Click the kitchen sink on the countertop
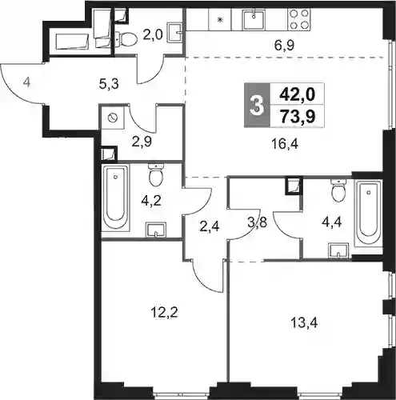coord(254,20)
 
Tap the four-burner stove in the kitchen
coord(299,19)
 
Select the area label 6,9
coord(284,46)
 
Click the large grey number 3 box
coord(257,105)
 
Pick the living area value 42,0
coord(298,94)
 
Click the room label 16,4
coord(285,144)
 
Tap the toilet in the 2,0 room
coord(126,39)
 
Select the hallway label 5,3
coord(109,85)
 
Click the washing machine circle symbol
coord(112,118)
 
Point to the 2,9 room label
coord(142,142)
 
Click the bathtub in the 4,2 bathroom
coord(115,197)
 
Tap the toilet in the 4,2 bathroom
coord(156,174)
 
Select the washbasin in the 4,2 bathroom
coord(156,230)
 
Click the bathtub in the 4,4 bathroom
coord(369,213)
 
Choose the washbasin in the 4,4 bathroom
coord(338,250)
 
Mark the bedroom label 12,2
coord(164,312)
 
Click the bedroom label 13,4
coord(304,323)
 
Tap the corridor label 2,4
coord(210,226)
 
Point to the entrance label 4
coord(26,82)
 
